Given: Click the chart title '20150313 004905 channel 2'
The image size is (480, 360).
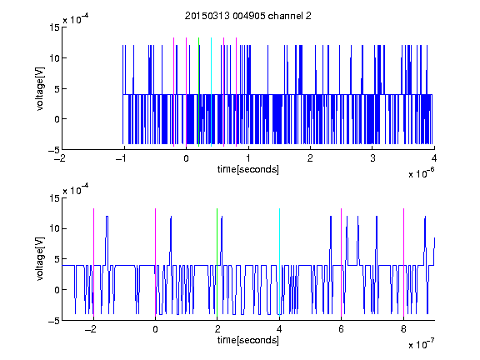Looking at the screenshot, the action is coord(248,16).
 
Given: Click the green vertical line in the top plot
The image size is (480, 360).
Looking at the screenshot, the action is coord(198,92).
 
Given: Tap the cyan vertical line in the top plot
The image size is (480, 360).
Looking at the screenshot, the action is coord(211,92).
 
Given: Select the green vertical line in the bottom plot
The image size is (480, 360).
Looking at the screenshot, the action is coord(217,262).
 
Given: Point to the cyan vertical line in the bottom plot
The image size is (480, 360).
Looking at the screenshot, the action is coord(279,262).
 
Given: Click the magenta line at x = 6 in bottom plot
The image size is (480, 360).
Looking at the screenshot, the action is coord(342,262).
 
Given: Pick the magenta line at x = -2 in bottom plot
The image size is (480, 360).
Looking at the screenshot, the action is coord(93,262).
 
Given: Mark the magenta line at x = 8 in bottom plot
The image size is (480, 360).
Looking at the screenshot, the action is coord(404,262).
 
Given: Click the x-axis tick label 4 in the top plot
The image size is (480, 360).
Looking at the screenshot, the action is coord(434,158).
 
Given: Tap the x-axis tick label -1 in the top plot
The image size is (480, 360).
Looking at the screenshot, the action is coord(121,158).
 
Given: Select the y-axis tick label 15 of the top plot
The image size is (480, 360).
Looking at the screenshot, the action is coord(54,27).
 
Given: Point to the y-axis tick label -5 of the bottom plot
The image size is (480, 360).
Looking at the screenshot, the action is coord(54,321).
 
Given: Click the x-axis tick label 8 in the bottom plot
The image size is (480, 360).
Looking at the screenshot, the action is coord(403,329).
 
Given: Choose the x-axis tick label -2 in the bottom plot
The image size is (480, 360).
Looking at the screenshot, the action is coord(91,329).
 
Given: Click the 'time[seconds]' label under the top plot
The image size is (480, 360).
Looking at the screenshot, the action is coord(248,169).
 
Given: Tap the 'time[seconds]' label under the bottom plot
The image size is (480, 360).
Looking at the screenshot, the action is coord(248,340).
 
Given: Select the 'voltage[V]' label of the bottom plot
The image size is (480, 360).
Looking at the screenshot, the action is coord(40,259).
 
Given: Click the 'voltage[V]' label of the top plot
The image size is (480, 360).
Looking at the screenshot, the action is coord(40,89).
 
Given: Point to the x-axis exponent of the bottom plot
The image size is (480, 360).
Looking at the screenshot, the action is coord(421,343).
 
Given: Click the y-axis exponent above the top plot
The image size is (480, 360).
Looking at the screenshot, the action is coord(76,19).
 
